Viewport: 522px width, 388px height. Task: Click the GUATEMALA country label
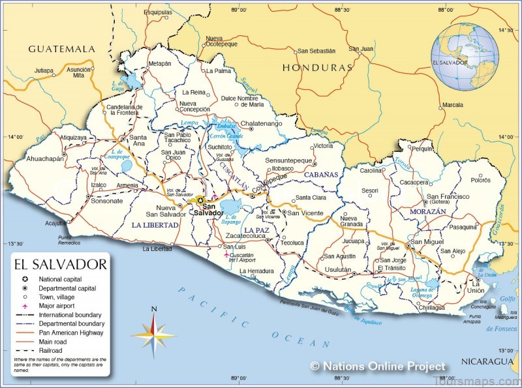coord(61,49)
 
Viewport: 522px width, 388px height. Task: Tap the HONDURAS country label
coord(317,67)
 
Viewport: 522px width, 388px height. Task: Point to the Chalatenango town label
coord(262,123)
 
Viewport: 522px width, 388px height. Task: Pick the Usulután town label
coord(337,269)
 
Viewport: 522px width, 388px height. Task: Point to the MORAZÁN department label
coord(428,212)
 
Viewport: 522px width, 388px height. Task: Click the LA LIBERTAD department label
coord(155,224)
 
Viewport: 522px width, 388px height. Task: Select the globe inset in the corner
coord(465,57)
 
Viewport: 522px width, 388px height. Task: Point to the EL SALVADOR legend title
coord(59,264)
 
